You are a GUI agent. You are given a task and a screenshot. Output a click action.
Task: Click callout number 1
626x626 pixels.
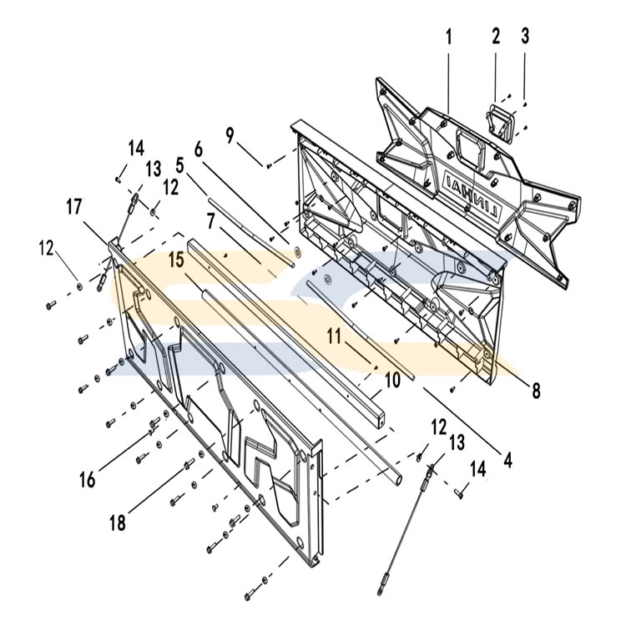[x=448, y=37]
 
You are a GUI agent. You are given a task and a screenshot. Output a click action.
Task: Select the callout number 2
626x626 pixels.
[x=495, y=37]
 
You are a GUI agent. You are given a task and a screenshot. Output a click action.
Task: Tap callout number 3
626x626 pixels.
[x=524, y=37]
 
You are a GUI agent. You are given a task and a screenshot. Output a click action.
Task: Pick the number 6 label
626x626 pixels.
[x=198, y=149]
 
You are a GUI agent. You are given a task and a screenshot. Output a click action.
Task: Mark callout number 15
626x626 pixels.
[x=176, y=260]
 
